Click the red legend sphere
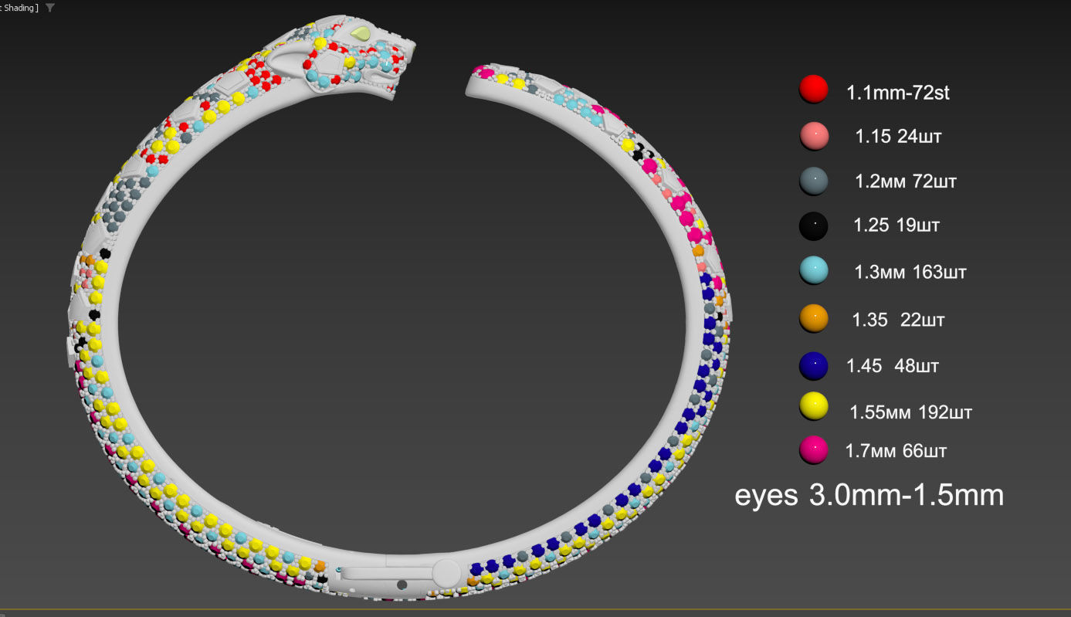pos(813,90)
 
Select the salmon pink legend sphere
pos(813,136)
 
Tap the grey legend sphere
pos(813,181)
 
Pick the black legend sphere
pos(813,225)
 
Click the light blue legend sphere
pos(813,271)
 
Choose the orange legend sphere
pos(813,318)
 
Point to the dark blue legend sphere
pos(813,366)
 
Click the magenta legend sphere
pos(813,450)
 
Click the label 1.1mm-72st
pos(897,93)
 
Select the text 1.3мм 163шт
pos(910,272)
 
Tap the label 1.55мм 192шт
pos(910,412)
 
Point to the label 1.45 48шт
pos(893,366)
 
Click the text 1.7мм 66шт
pos(896,450)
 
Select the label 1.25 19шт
pos(896,225)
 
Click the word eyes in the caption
pos(766,495)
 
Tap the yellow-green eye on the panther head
pos(361,34)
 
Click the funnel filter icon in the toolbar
pos(50,8)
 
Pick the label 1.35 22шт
pos(898,320)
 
